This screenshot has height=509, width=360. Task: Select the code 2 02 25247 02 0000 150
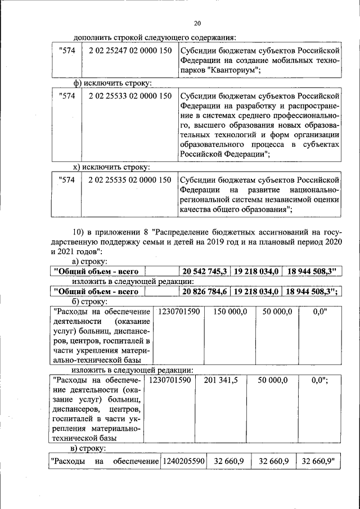point(130,49)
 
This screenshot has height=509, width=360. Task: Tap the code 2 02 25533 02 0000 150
point(130,96)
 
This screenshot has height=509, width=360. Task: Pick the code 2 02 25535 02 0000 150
point(130,180)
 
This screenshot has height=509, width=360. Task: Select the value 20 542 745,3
point(204,271)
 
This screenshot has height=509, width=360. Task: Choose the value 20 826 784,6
point(204,291)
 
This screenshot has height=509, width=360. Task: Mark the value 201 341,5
point(220,380)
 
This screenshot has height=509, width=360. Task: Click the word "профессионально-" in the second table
point(305,115)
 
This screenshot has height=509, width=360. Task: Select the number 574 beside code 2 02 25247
point(67,49)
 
